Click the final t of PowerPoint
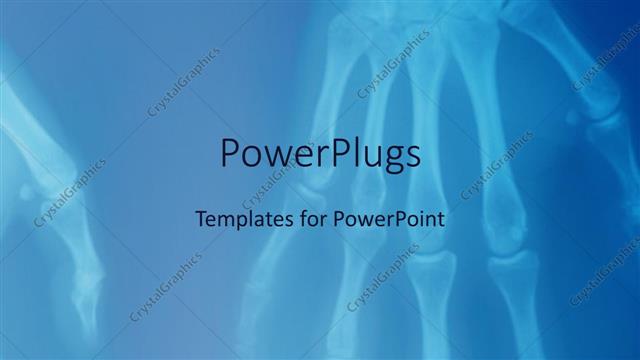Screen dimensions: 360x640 [x=440, y=216]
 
